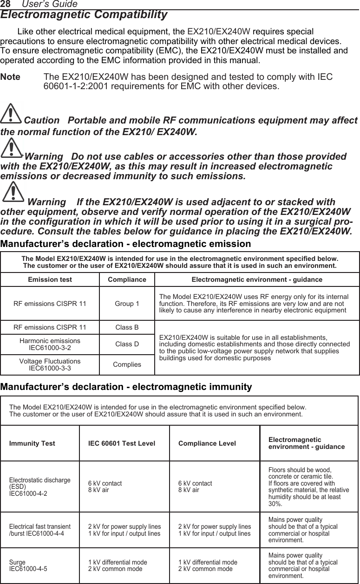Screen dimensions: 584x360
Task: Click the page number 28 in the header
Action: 5,4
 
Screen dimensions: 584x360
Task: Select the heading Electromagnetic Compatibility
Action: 84,15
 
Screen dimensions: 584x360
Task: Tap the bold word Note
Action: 11,77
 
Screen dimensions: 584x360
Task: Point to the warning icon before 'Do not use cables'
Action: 13,148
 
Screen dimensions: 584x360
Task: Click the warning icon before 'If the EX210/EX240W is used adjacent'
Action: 13,192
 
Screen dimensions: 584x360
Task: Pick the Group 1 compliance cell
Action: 127,304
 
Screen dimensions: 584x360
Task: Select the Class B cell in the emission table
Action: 127,328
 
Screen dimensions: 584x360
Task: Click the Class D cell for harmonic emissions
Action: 127,344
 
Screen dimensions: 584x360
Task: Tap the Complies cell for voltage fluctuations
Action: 127,364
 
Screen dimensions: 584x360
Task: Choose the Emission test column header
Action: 50,280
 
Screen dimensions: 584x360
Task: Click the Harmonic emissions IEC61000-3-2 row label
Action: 50,344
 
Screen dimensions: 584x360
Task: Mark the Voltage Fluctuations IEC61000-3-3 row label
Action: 50,364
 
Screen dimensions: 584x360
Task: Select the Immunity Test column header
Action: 32,443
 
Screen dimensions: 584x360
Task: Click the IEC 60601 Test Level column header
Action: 122,443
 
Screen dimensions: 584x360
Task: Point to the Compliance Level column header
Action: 207,443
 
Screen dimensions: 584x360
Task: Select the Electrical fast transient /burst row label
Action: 40,530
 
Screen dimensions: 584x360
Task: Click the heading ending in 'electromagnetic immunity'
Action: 126,387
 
